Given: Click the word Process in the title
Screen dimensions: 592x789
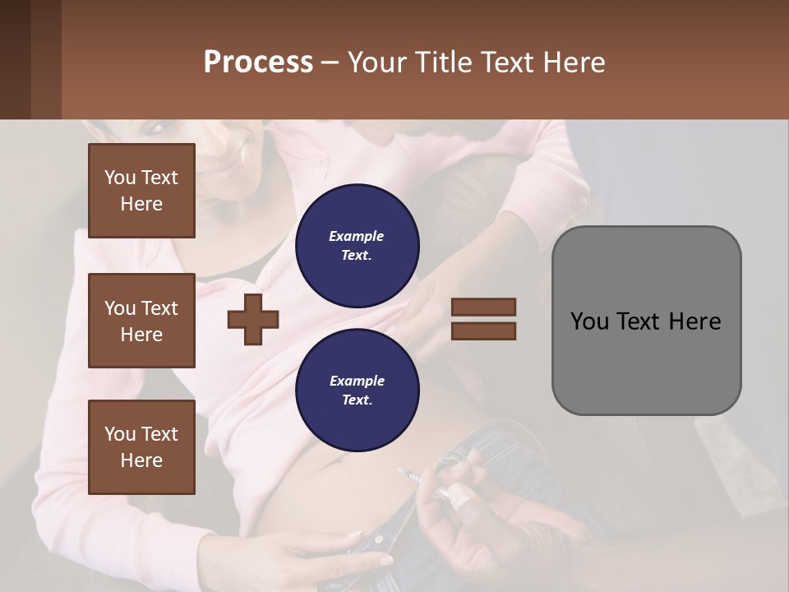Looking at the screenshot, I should tap(258, 62).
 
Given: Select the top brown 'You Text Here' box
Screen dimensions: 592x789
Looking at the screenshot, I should tap(141, 191).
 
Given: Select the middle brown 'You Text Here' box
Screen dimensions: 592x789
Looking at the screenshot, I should tap(141, 321).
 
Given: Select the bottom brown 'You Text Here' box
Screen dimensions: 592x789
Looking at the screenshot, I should tap(141, 446).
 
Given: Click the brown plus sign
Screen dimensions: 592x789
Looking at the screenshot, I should tap(253, 319).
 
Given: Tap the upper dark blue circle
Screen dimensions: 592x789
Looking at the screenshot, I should tap(357, 246).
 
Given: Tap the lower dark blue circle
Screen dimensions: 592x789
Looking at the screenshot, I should tap(357, 390).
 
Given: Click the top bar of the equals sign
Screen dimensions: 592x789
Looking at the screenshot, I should tap(483, 308).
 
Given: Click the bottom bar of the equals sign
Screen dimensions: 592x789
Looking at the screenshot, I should tap(483, 331).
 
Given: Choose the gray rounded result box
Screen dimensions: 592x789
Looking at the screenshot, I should tap(646, 321).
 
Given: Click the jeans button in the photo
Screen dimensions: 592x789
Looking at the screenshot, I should tap(380, 538).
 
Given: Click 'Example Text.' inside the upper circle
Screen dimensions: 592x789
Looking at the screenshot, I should tap(357, 246).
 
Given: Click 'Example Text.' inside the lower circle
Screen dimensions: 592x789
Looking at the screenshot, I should tap(357, 390).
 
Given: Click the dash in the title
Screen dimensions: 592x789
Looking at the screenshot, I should tap(330, 62).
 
